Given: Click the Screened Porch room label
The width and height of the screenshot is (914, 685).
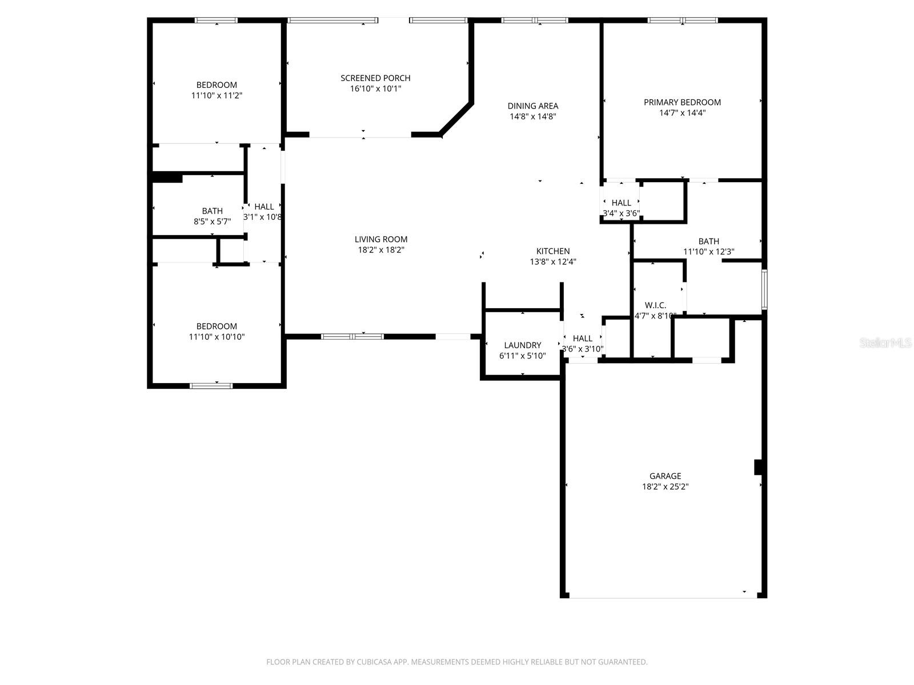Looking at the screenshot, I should (375, 78).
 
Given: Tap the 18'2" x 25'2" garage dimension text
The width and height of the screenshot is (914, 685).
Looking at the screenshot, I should (665, 487).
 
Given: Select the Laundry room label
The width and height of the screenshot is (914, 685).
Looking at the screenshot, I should (522, 345).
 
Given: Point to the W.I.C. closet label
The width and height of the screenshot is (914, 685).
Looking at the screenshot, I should (655, 305).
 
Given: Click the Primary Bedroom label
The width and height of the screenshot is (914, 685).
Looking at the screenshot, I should (682, 102).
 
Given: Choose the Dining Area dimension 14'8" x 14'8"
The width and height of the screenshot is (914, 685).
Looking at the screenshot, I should (532, 116).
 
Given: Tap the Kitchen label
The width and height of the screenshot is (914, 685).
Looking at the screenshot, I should (552, 251).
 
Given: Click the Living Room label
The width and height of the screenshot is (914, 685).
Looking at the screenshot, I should (380, 240).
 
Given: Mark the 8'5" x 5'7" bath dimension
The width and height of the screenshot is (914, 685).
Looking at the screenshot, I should (212, 221).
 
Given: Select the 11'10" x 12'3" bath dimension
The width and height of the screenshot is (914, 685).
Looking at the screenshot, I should (708, 252).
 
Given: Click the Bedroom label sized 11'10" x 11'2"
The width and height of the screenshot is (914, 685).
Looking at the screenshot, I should (217, 85).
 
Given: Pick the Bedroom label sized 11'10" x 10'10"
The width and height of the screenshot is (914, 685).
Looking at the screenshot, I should (217, 327).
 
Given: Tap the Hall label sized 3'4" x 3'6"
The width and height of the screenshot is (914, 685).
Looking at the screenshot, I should (621, 203).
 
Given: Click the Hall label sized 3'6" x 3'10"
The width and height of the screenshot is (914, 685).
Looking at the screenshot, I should (582, 339).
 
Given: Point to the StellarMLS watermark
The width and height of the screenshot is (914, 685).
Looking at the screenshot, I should (885, 343).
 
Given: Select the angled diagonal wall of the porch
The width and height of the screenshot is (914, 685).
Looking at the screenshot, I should (456, 119).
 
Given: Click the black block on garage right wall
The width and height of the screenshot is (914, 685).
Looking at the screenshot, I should (758, 467).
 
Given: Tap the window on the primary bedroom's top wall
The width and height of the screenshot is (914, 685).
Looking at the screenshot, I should (683, 21).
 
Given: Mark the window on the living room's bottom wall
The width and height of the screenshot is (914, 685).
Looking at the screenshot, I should (352, 336).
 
